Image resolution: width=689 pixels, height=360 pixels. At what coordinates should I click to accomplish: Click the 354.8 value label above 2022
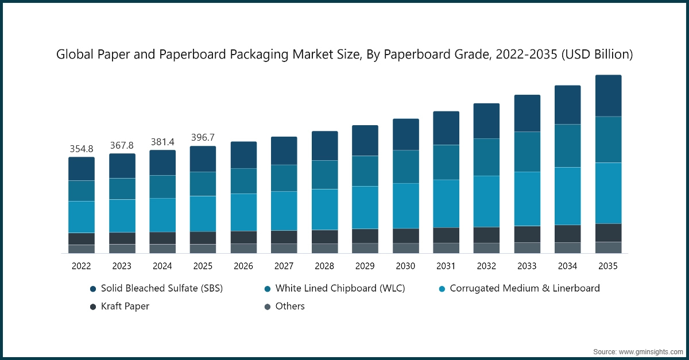click(x=82, y=149)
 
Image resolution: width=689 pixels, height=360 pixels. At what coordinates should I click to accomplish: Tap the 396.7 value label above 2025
click(x=203, y=138)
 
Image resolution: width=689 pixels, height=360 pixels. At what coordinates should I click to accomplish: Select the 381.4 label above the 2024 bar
click(x=162, y=142)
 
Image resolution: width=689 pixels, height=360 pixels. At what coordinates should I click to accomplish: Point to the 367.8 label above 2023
click(x=122, y=145)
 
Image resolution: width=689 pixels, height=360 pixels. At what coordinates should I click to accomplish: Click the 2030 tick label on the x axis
click(x=405, y=266)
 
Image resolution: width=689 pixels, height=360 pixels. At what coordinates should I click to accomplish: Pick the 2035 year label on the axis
click(x=608, y=266)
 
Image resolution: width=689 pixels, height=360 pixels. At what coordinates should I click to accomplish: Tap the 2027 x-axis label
click(x=284, y=266)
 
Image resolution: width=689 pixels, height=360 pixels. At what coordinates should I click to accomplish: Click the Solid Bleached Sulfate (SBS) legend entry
click(x=156, y=288)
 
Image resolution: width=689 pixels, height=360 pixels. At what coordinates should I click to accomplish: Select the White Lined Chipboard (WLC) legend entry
click(x=334, y=288)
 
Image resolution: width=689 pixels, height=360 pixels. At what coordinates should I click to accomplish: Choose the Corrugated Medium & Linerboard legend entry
click(x=518, y=288)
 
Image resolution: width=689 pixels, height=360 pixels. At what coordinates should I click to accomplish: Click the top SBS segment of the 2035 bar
click(x=608, y=96)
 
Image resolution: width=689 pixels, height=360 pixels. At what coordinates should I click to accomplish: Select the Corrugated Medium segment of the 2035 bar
click(x=608, y=193)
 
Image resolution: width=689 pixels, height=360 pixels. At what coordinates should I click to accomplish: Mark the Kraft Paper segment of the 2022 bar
click(x=82, y=239)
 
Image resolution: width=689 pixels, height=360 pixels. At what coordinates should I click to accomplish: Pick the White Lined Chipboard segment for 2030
click(x=405, y=167)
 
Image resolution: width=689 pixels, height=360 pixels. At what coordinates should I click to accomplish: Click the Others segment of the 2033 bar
click(x=527, y=247)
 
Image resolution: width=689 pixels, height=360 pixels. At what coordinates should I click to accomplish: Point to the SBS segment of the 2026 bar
click(x=243, y=155)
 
